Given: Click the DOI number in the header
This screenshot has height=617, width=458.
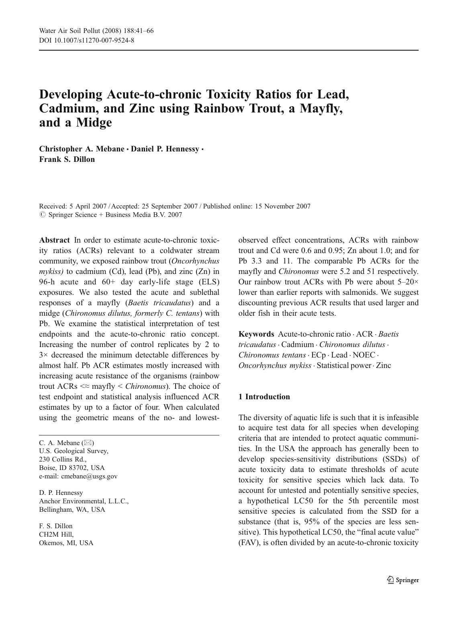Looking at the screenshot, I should (93, 40).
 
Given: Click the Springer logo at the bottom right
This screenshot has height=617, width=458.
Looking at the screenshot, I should (403, 580).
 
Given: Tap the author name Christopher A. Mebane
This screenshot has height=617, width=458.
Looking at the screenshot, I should (82, 149).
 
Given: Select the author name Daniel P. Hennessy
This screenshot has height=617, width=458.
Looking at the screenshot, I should (165, 149).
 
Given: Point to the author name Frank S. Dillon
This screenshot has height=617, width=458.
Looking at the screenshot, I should (67, 159).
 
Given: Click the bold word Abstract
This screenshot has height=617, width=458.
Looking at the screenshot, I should (54, 240).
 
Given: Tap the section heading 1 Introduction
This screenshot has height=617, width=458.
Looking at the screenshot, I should (264, 397).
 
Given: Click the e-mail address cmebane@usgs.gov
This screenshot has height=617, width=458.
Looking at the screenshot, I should (89, 476).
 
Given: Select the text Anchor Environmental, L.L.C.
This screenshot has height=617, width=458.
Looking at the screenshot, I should (84, 501).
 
